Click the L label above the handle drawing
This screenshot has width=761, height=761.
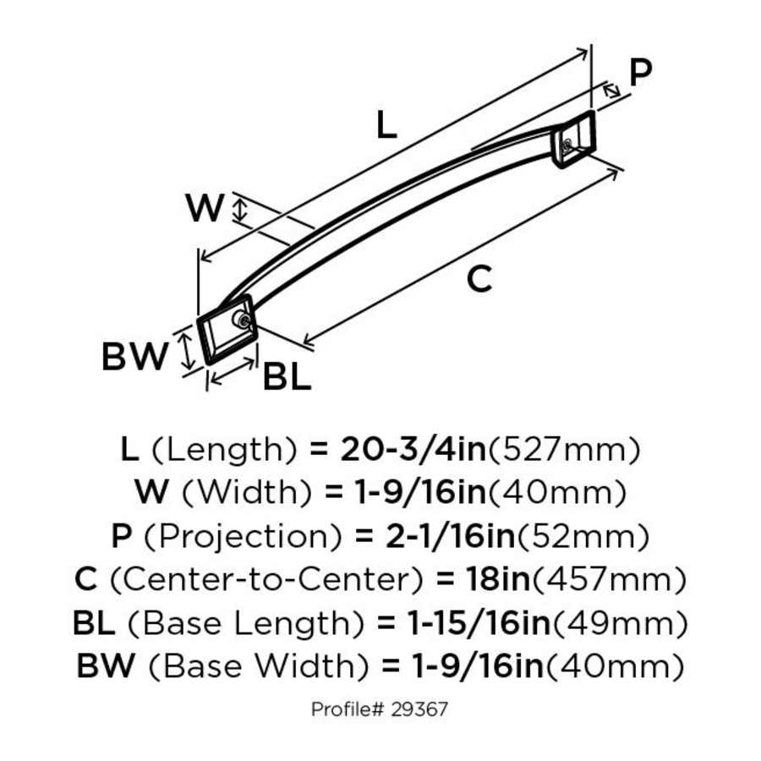386,126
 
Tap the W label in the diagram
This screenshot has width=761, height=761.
205,208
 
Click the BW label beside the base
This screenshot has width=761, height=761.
135,358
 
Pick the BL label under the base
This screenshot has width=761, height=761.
287,377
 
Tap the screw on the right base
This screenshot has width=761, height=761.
564,146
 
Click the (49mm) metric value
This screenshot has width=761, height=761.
618,624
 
